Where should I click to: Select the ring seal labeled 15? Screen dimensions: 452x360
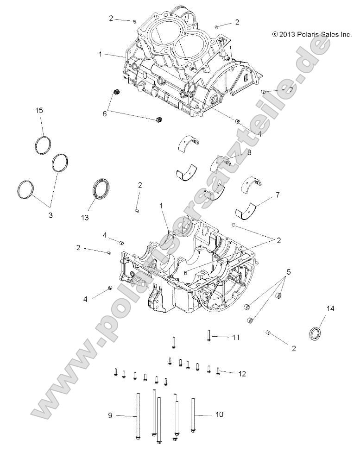42,144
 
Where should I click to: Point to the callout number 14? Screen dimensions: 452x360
330,308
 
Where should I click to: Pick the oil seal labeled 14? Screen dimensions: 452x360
316,333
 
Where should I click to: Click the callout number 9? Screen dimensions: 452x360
110,415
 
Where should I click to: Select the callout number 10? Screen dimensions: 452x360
219,414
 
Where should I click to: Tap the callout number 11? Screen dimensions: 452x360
235,338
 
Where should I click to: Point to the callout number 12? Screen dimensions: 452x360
241,373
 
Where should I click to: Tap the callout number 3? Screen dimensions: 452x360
51,215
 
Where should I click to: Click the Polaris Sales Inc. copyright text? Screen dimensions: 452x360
312,34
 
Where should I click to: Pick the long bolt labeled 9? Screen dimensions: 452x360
138,415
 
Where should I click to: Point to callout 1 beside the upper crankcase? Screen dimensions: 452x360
100,54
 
